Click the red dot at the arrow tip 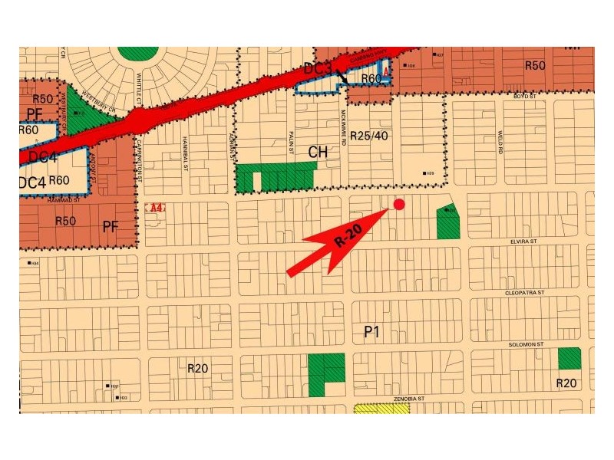[398, 204]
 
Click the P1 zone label [372, 331]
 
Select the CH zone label [318, 152]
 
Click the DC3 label [317, 69]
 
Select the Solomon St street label [526, 344]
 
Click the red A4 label [157, 208]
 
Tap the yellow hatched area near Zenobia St [381, 409]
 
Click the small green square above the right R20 [569, 358]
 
